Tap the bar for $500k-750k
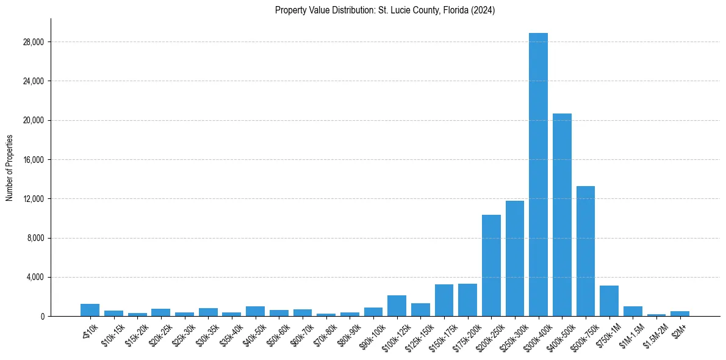[586, 251]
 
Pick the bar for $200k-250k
[491, 265]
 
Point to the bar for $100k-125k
[397, 306]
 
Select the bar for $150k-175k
[444, 300]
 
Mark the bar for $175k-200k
[467, 300]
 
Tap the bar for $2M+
[680, 314]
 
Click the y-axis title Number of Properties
[9, 167]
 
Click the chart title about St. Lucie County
[385, 10]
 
